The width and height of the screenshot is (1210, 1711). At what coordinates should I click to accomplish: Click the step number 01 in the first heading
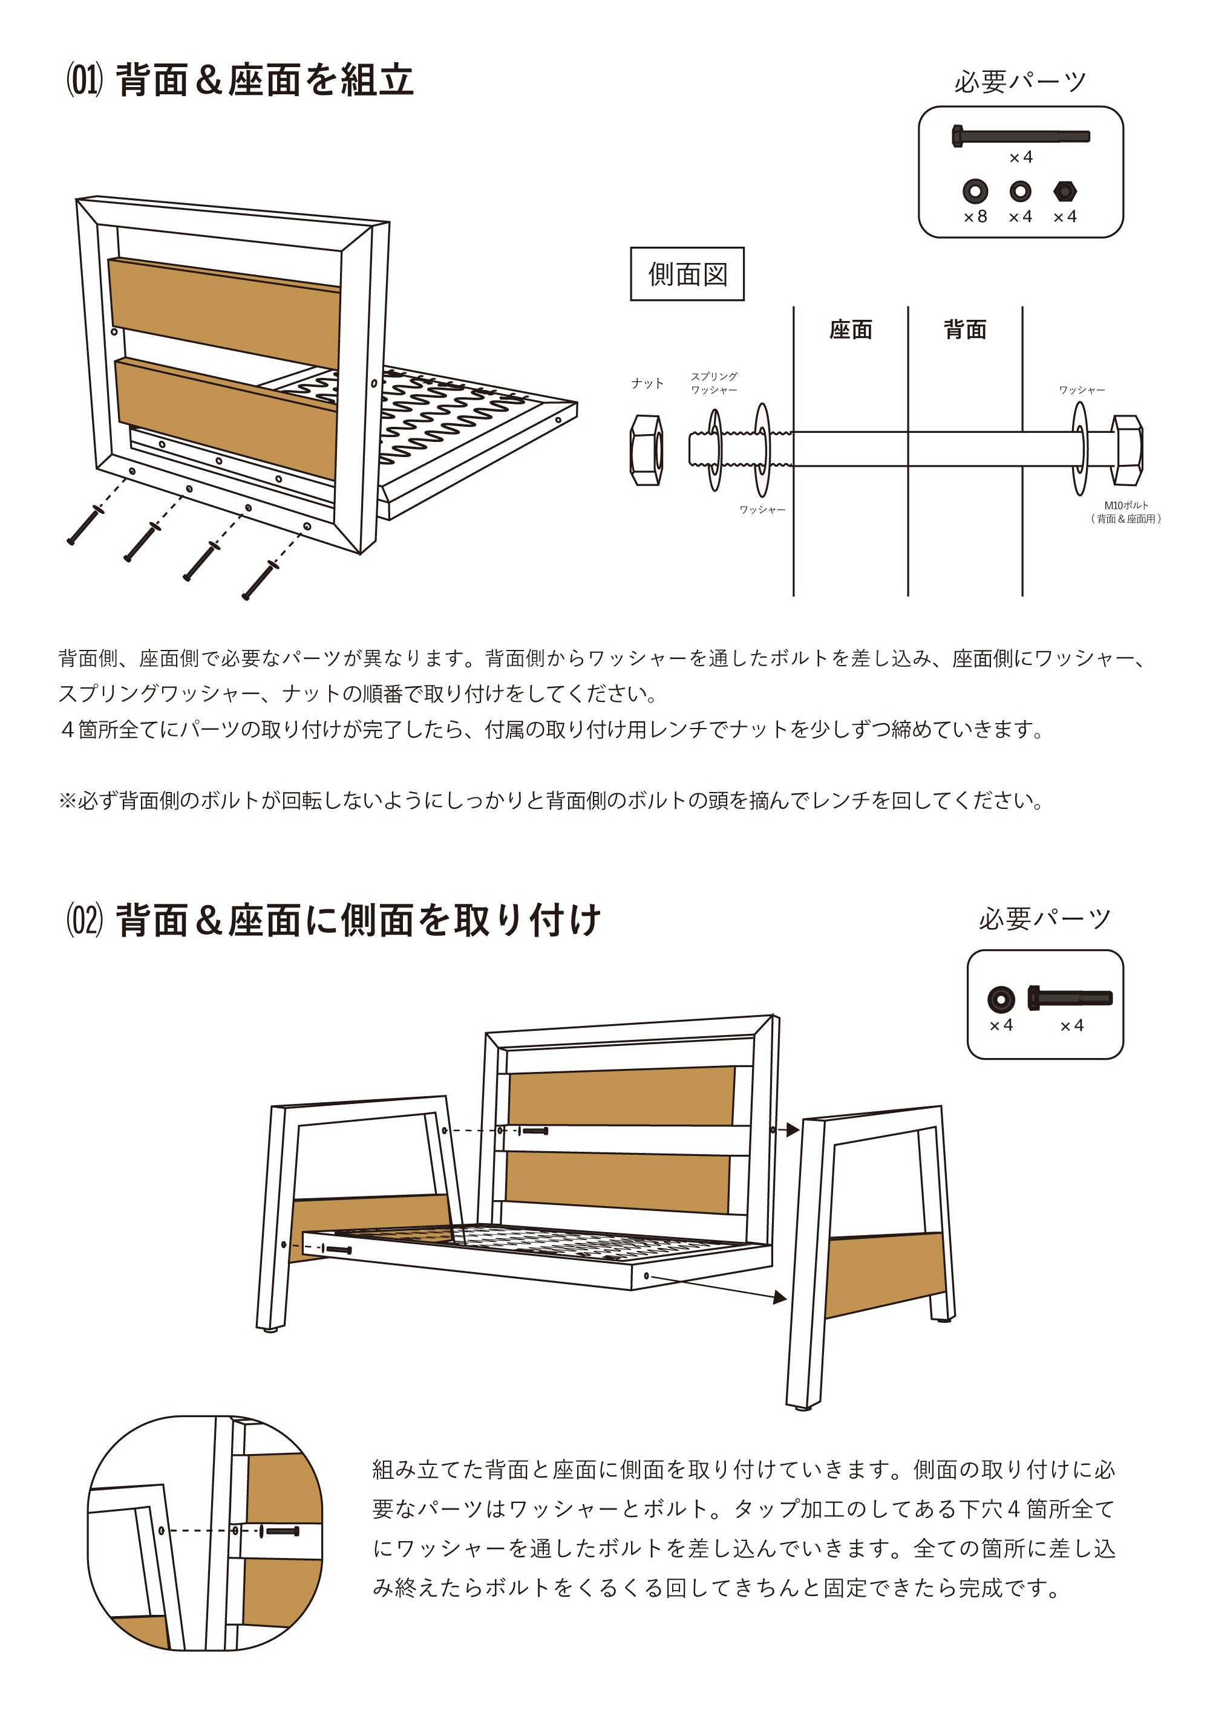pos(84,80)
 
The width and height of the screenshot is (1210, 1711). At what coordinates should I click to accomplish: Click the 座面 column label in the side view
pos(850,330)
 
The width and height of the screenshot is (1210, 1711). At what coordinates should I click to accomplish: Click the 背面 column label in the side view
pos(965,330)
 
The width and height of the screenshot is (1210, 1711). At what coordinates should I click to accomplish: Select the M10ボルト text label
pos(1126,511)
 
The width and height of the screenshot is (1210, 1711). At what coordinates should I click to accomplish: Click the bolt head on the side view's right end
pos(1127,450)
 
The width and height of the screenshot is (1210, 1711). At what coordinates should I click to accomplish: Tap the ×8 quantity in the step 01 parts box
pos(975,217)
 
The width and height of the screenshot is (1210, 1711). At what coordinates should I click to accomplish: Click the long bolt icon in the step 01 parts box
pos(1020,137)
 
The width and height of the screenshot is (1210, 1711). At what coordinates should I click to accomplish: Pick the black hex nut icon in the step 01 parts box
pos(1065,192)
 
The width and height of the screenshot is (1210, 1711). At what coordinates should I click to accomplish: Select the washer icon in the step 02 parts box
pos(1001,999)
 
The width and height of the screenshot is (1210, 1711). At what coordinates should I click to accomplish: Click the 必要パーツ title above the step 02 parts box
pos(1044,919)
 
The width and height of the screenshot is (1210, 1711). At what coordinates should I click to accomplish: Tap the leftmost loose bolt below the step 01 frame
pos(84,526)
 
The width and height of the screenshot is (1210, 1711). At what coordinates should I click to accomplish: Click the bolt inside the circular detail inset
pos(282,1532)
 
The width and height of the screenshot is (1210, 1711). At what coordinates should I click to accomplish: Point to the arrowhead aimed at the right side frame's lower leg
pos(780,1298)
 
